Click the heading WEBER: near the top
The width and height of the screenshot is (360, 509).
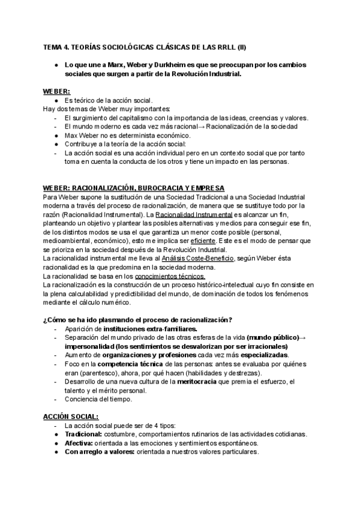click(x=56, y=91)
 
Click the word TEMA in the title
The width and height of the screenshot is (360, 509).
click(x=53, y=46)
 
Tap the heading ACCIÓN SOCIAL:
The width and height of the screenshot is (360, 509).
click(x=71, y=415)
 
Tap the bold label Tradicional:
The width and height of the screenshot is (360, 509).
click(x=84, y=433)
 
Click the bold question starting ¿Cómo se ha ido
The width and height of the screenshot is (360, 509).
click(x=138, y=319)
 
